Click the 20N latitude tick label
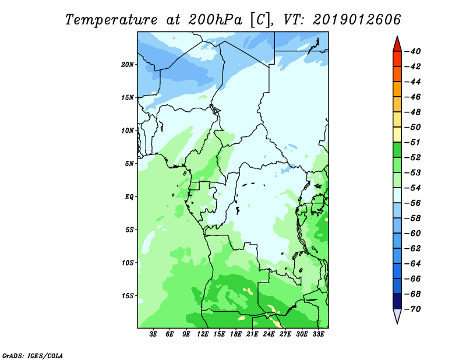[x=128, y=65]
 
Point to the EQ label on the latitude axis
[x=129, y=197]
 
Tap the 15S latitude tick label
[x=128, y=296]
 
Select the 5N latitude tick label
[x=129, y=164]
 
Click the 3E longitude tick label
[x=153, y=334]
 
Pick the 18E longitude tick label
[x=236, y=334]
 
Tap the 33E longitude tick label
[x=318, y=334]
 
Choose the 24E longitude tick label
[x=269, y=334]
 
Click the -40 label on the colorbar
[x=412, y=51]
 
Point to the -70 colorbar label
[x=412, y=309]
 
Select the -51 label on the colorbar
[x=412, y=142]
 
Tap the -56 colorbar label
[x=412, y=203]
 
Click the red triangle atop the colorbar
[x=397, y=45]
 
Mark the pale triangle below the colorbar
[x=397, y=315]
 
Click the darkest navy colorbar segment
[x=397, y=301]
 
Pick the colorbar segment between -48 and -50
[x=397, y=119]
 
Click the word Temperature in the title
[x=111, y=20]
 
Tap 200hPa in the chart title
[x=215, y=20]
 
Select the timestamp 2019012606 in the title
[x=357, y=20]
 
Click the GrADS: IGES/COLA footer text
[x=33, y=356]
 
